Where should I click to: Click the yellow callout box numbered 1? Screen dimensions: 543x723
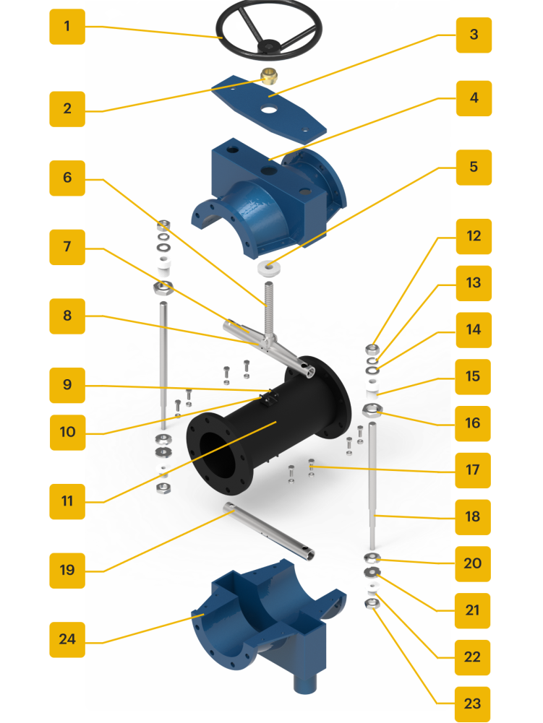click(67, 27)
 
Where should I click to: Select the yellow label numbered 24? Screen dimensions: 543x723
click(67, 639)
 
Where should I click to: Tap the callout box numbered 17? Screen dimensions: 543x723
click(473, 470)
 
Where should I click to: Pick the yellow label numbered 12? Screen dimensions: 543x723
click(474, 236)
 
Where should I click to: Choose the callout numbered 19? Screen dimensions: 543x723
click(67, 571)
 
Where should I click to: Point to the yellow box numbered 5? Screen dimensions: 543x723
click(474, 168)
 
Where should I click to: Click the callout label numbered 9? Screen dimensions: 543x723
click(67, 386)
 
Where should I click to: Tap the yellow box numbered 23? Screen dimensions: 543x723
click(472, 704)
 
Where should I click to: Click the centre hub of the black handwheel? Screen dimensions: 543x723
click(268, 46)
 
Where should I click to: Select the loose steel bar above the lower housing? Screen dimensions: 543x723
click(268, 531)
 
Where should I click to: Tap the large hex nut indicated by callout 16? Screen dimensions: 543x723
click(372, 410)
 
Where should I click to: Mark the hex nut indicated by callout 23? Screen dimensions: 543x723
click(372, 603)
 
